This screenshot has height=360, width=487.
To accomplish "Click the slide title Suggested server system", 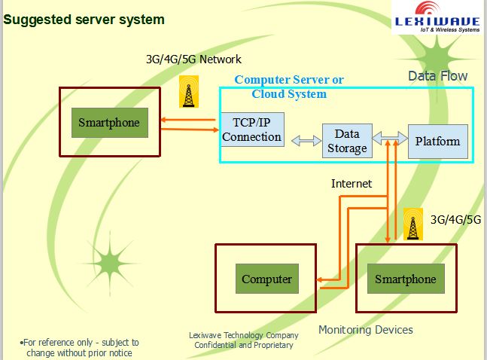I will point(84,20).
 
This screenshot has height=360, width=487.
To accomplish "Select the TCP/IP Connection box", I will point(252,129).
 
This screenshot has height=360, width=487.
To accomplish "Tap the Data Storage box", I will point(347,141).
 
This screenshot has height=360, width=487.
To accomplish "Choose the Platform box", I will point(437,141).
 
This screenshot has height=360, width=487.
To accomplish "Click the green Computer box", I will point(266,279).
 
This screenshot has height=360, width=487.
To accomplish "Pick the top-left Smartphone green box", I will point(109,122).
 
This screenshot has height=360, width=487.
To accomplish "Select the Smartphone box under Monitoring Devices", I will point(406,279).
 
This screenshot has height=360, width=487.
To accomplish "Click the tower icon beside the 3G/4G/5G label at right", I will point(412,225).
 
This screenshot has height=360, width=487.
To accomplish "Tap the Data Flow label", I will point(437,76).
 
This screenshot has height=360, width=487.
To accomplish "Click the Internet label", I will point(352,183).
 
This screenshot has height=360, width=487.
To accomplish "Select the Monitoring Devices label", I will point(365,330).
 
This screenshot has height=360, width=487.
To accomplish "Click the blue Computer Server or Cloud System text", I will point(289,87).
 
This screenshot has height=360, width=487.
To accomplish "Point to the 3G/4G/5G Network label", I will point(193,59).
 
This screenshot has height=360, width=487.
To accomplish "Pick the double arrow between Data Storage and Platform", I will point(389,139).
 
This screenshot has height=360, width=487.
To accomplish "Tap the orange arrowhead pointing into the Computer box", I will point(320,282).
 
